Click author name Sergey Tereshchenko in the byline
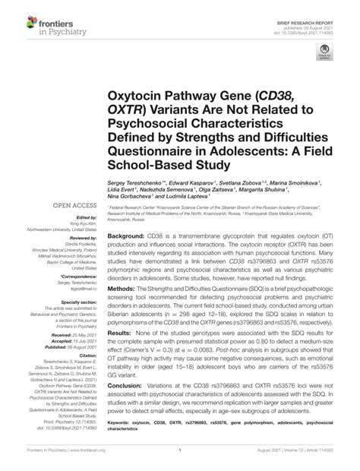click(x=137, y=183)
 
